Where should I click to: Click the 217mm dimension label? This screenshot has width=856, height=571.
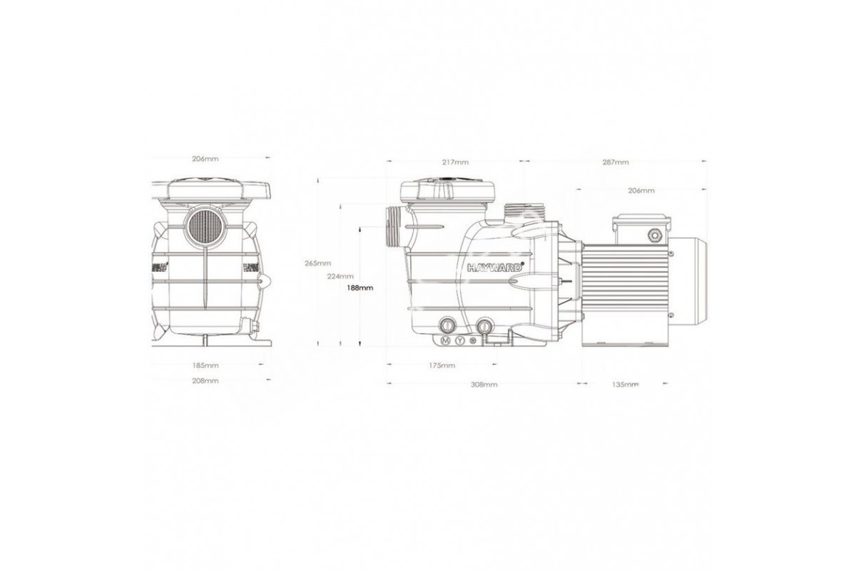coord(455,162)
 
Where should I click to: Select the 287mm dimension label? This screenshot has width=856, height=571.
coord(616,162)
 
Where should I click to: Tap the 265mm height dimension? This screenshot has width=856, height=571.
coord(317,263)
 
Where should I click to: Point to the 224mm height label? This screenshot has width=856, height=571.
coord(340,276)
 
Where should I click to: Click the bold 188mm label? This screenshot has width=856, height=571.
coord(360,288)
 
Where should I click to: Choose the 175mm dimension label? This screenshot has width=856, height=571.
coord(442,365)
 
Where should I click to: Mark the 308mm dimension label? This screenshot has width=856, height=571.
coord(484,385)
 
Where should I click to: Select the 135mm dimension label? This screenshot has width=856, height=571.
coord(625,385)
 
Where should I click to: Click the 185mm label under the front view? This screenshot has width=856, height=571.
coord(205,365)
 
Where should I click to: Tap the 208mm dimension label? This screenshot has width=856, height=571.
coord(205,381)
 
